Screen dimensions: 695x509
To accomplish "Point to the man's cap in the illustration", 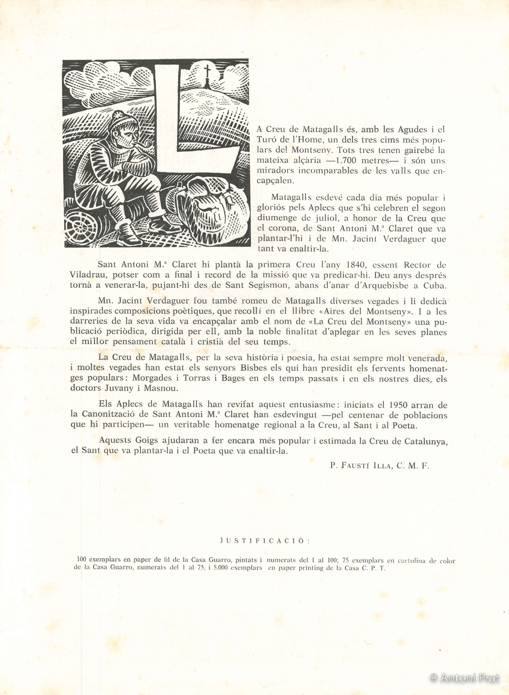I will click(124, 119).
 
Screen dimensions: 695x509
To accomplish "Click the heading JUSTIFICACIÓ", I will click(265, 540).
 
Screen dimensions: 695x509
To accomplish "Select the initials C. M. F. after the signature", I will click(413, 465).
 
